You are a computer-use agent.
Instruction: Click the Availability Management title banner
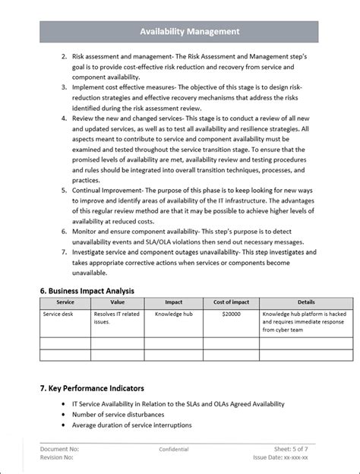pyautogui.click(x=179, y=32)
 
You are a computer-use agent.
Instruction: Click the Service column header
pyautogui.click(x=65, y=302)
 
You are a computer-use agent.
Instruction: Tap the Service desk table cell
pyautogui.click(x=58, y=313)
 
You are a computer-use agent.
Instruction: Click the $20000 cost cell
pyautogui.click(x=232, y=313)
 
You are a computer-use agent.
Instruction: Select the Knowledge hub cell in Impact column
pyautogui.click(x=172, y=313)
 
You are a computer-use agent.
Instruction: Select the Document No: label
pyautogui.click(x=60, y=450)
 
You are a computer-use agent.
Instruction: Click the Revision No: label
pyautogui.click(x=58, y=458)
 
